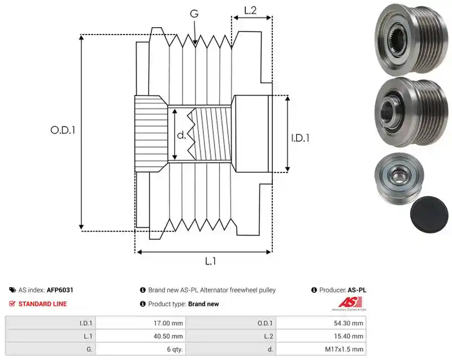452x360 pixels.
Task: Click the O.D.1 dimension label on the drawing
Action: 63,131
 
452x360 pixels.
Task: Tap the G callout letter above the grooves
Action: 194,14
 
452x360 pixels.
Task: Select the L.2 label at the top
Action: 250,10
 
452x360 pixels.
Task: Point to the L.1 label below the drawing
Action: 210,261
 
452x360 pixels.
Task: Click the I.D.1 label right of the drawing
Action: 300,138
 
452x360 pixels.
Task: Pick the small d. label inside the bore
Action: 181,135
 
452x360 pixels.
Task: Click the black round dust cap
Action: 429,214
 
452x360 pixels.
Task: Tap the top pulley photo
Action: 411,40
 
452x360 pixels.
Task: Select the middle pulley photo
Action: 411,112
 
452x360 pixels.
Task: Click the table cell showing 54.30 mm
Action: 321,323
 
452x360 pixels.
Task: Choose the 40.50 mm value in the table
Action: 141,336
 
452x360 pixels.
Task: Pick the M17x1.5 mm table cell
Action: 321,349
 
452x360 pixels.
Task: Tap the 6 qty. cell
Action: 141,349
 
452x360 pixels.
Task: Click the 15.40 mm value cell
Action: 321,336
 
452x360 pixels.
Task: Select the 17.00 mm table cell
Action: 141,323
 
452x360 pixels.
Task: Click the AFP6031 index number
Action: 60,290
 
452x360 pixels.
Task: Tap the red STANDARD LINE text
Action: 43,304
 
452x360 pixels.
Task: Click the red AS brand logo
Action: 350,303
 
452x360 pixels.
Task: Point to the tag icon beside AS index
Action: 12,290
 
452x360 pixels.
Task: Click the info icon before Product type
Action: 143,304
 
